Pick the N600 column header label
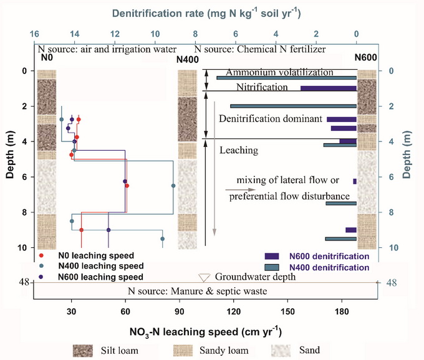click(365, 58)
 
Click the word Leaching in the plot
click(239, 150)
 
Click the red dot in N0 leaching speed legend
click(41, 255)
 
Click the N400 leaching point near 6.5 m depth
click(173, 186)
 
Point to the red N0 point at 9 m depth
click(81, 230)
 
